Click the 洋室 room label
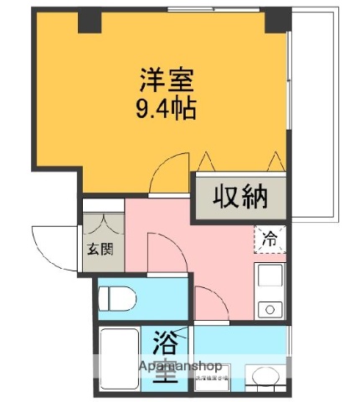[167, 82]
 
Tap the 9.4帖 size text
[166, 108]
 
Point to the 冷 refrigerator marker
[270, 239]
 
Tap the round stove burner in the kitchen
[270, 308]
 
